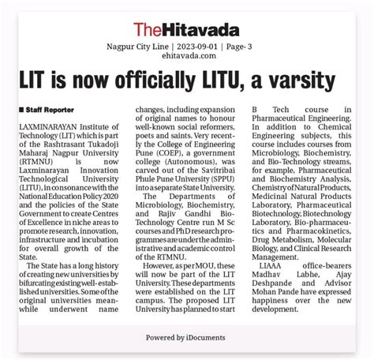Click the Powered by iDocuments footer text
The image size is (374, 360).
point(186,338)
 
